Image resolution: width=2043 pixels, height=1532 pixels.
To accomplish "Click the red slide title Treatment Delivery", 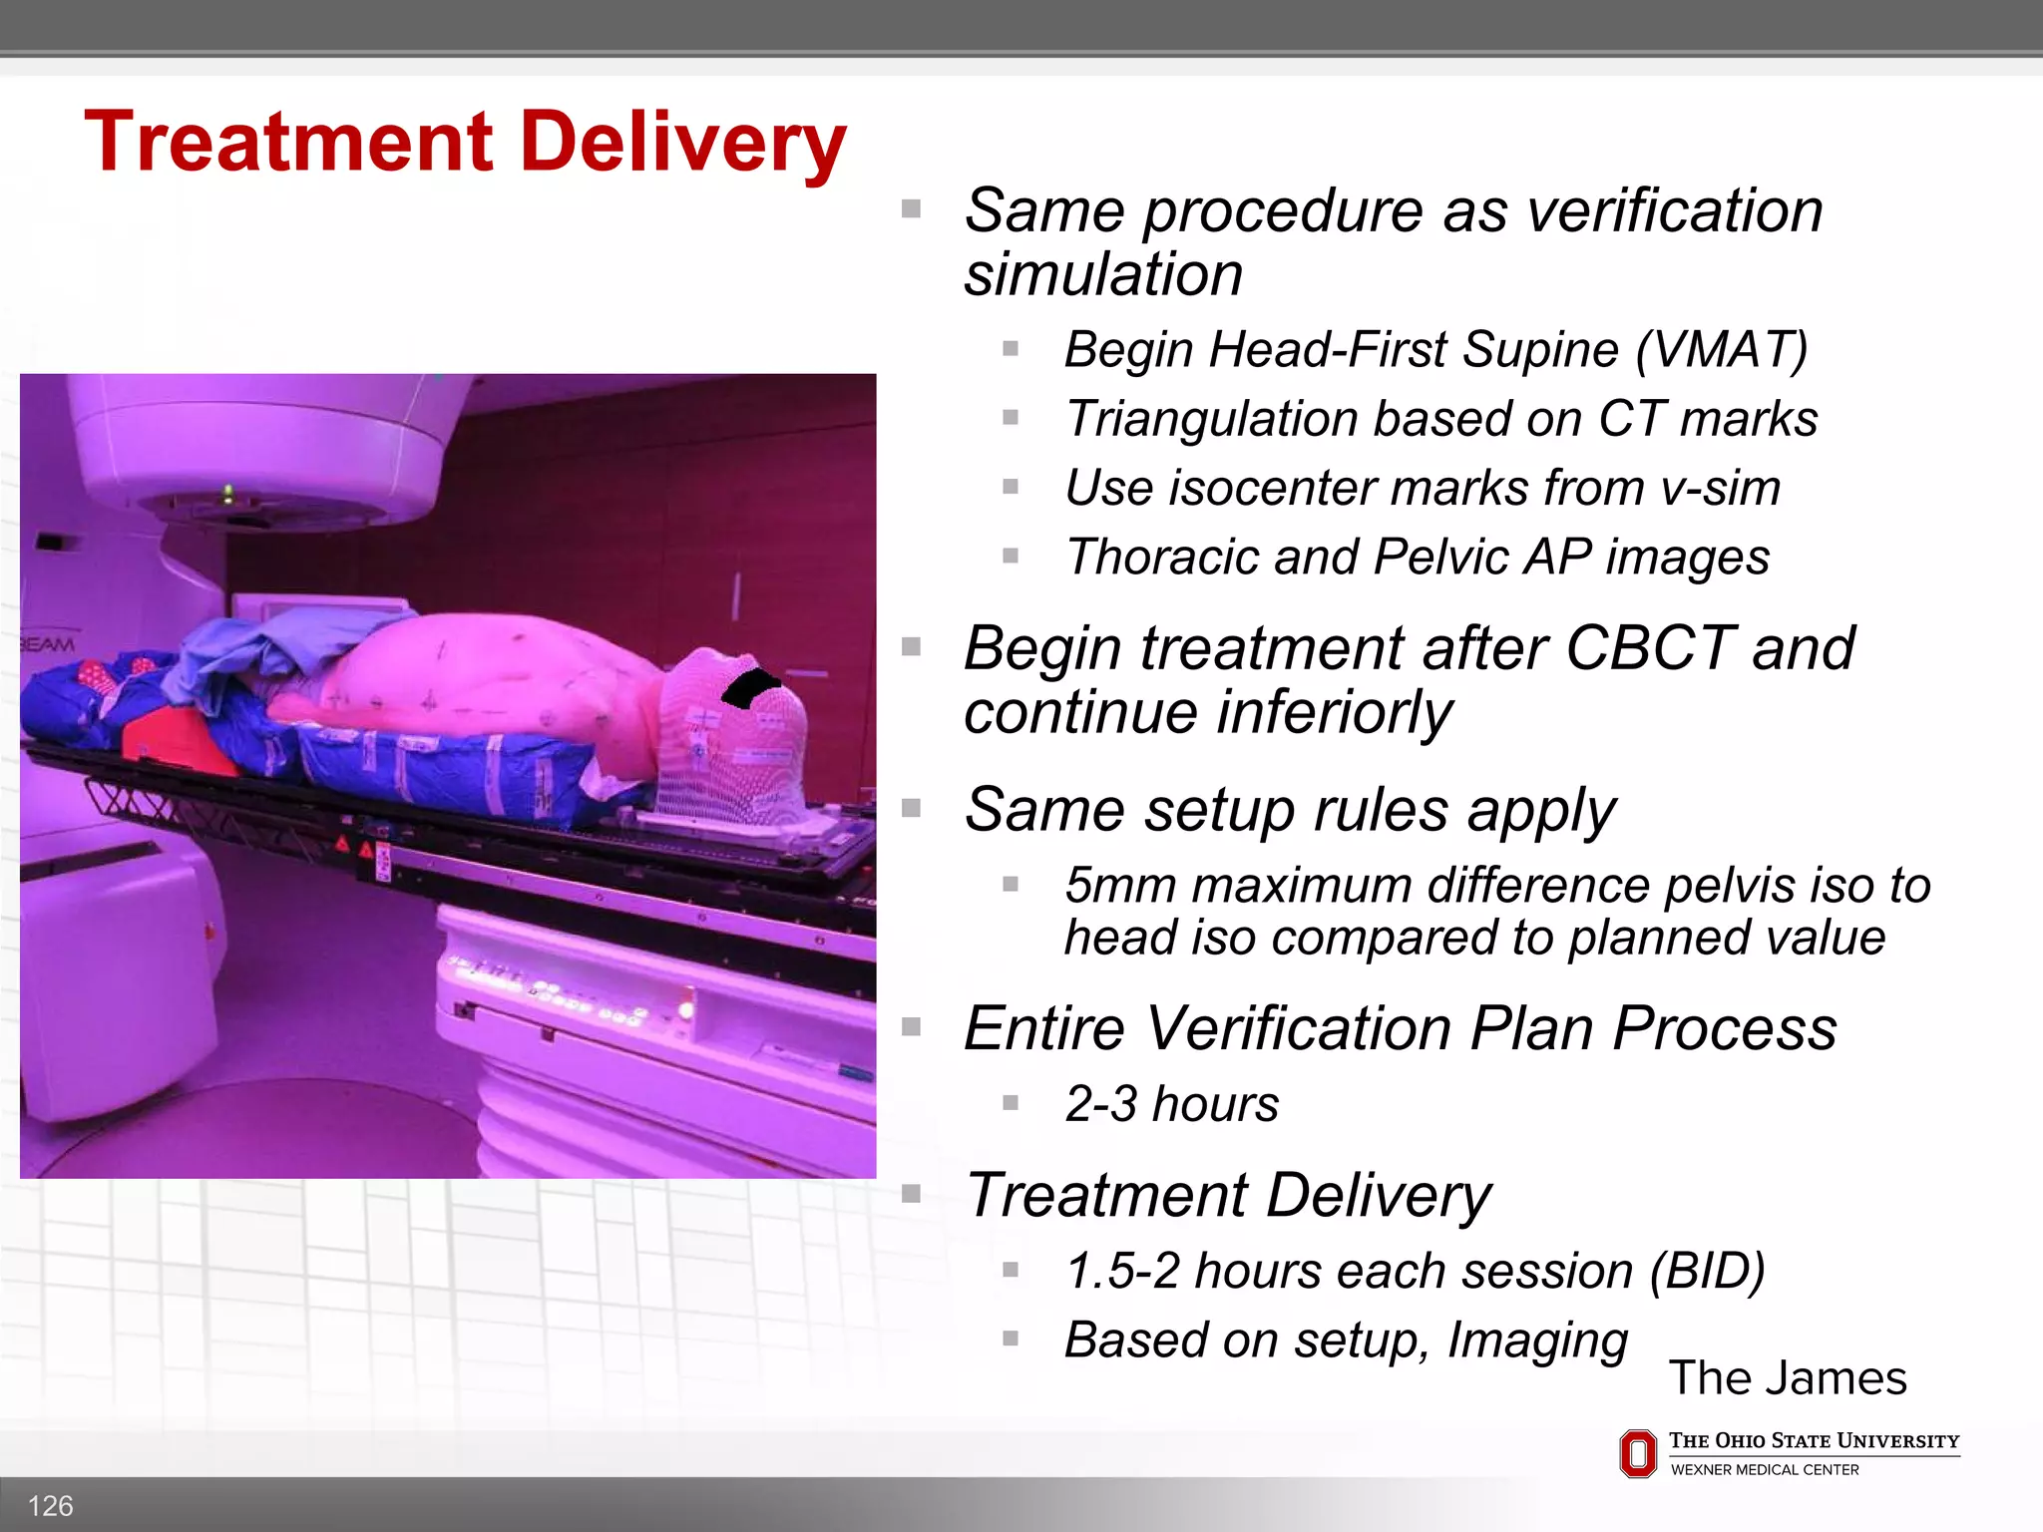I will (x=465, y=143).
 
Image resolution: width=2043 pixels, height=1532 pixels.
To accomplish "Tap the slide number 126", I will (x=50, y=1505).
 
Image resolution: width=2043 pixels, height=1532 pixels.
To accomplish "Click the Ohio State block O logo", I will (x=1638, y=1453).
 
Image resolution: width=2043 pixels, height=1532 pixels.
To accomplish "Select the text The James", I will (x=1787, y=1377).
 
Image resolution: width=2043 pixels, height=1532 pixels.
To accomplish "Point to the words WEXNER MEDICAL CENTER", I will (x=1765, y=1470).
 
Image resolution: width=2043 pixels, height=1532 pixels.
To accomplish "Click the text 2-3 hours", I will (x=1171, y=1104).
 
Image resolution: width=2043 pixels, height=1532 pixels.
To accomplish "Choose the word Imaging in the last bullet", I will (x=1537, y=1340).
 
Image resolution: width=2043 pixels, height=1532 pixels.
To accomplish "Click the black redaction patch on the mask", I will (x=750, y=687).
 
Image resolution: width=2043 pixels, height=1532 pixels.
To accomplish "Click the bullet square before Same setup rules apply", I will (x=911, y=807).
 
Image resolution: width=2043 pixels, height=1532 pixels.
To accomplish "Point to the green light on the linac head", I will (x=228, y=491).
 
